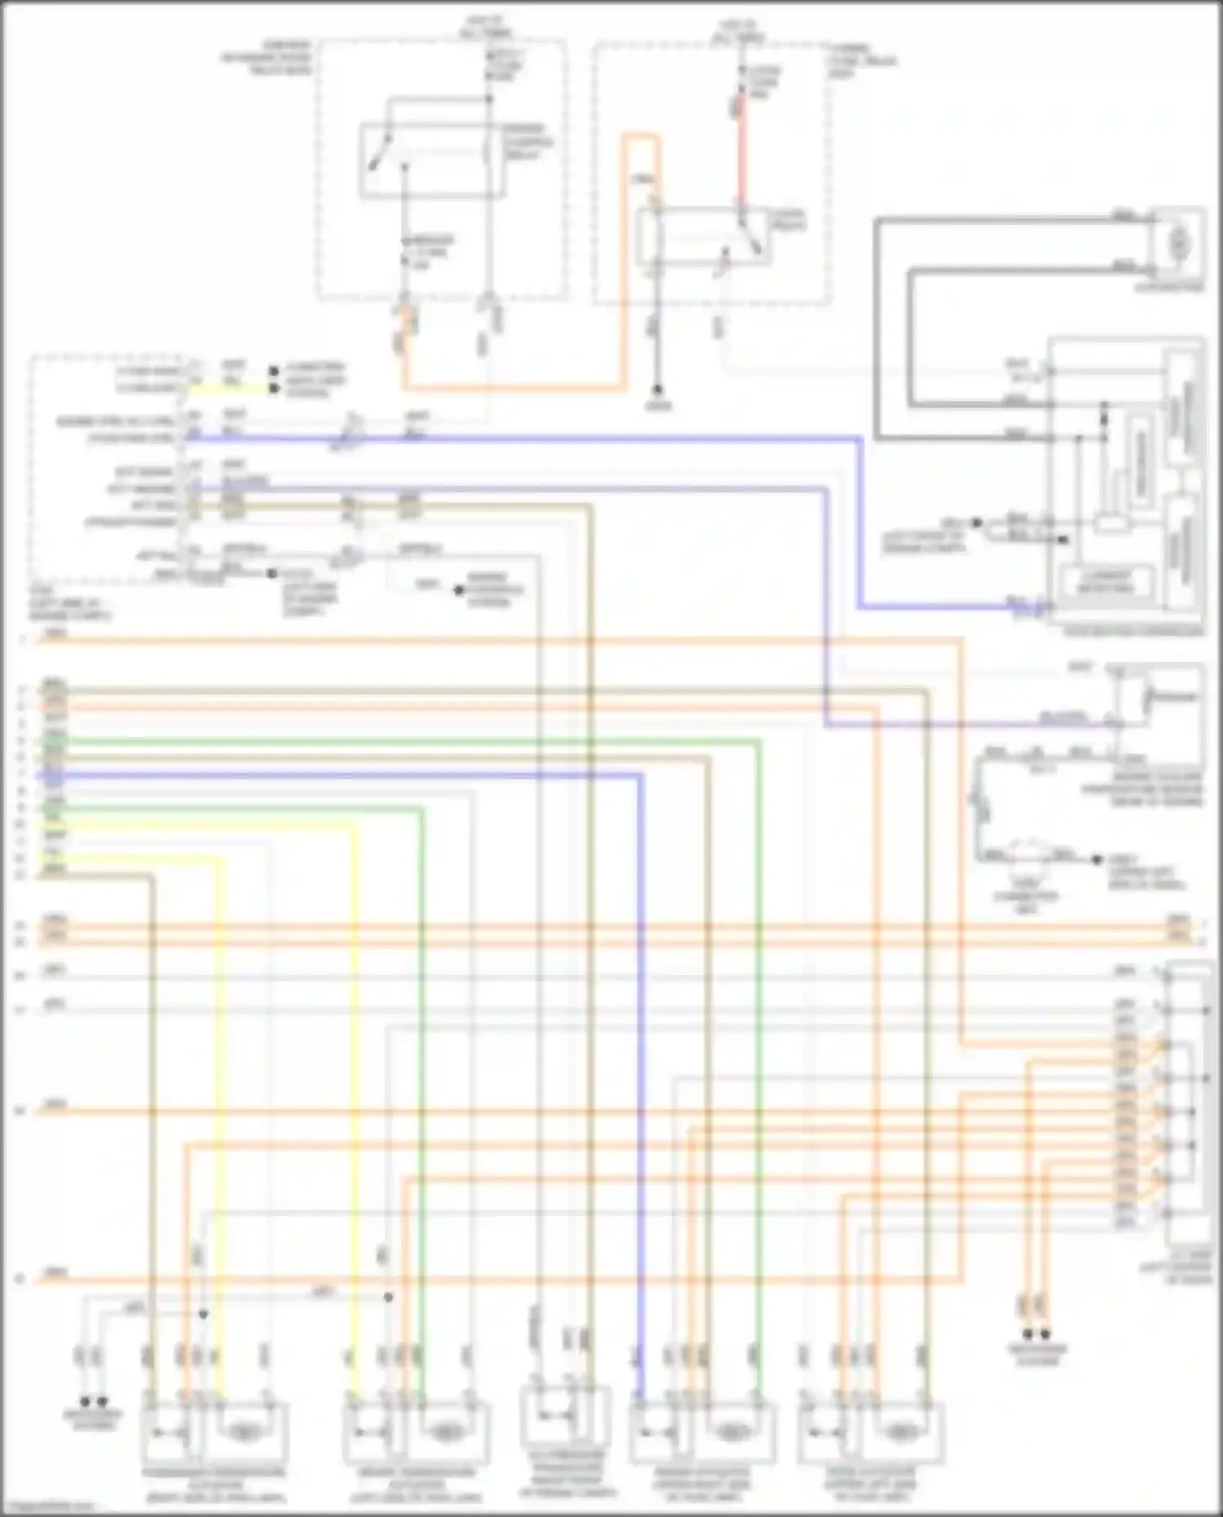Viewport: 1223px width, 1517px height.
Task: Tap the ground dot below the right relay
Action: tap(657, 392)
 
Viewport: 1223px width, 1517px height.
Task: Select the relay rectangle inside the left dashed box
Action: tap(432, 160)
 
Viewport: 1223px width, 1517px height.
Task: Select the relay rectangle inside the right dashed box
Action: tap(703, 236)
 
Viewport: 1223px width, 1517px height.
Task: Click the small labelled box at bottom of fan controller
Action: tap(1106, 580)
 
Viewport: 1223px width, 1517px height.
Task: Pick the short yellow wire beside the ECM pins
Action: tap(228, 388)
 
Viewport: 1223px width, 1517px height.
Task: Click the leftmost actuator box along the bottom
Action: tap(214, 1433)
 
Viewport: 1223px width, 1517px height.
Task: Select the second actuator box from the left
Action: tap(416, 1433)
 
